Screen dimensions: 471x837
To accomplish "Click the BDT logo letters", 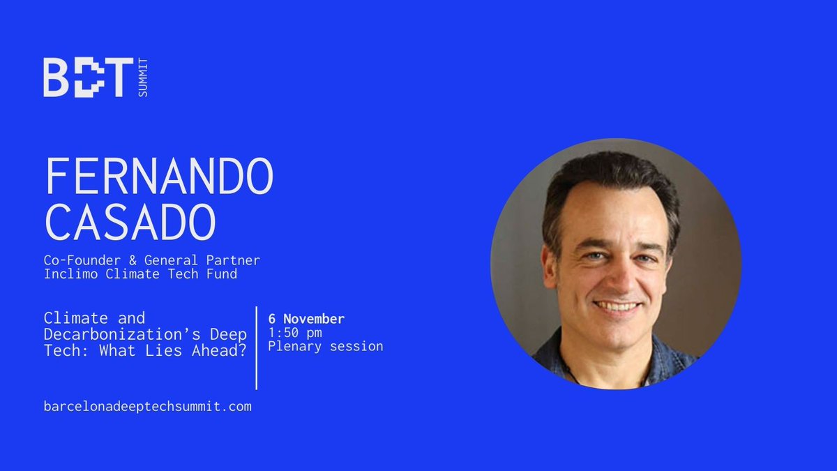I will click(88, 77).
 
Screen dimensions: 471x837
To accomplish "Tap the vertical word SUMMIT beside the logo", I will click(144, 77).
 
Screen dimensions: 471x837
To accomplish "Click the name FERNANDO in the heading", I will click(158, 178).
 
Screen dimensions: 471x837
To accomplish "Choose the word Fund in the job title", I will click(220, 274).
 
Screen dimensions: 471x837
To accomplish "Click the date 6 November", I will click(306, 319).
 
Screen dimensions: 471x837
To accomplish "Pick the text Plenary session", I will click(325, 346).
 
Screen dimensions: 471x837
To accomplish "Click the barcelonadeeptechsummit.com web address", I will click(147, 406).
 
